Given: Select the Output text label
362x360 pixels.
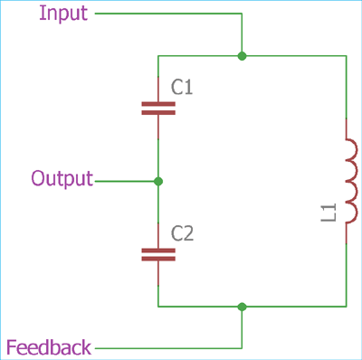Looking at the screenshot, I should click(62, 178).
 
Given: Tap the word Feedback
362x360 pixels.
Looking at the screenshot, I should click(49, 347).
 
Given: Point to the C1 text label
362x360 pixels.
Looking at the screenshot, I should click(182, 88).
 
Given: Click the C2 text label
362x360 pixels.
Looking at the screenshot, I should click(183, 234).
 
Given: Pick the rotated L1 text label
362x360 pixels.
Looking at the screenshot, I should click(330, 214).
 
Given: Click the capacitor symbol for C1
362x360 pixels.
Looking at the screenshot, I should click(158, 109).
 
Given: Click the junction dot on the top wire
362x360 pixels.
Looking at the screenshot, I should click(242, 56).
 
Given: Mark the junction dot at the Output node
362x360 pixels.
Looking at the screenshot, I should click(158, 181).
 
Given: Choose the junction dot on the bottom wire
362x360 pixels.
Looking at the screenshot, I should click(242, 307).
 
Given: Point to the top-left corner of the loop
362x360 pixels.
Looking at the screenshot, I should click(158, 56).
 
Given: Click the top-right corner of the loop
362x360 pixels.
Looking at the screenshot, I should click(347, 56).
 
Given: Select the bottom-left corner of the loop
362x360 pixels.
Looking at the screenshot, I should click(158, 307).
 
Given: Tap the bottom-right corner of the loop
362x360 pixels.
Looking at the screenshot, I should click(347, 307).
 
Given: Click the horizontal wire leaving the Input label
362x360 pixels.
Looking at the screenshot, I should click(167, 14).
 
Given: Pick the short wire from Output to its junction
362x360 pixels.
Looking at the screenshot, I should click(127, 181).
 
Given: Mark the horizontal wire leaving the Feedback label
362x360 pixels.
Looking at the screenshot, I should click(167, 347).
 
